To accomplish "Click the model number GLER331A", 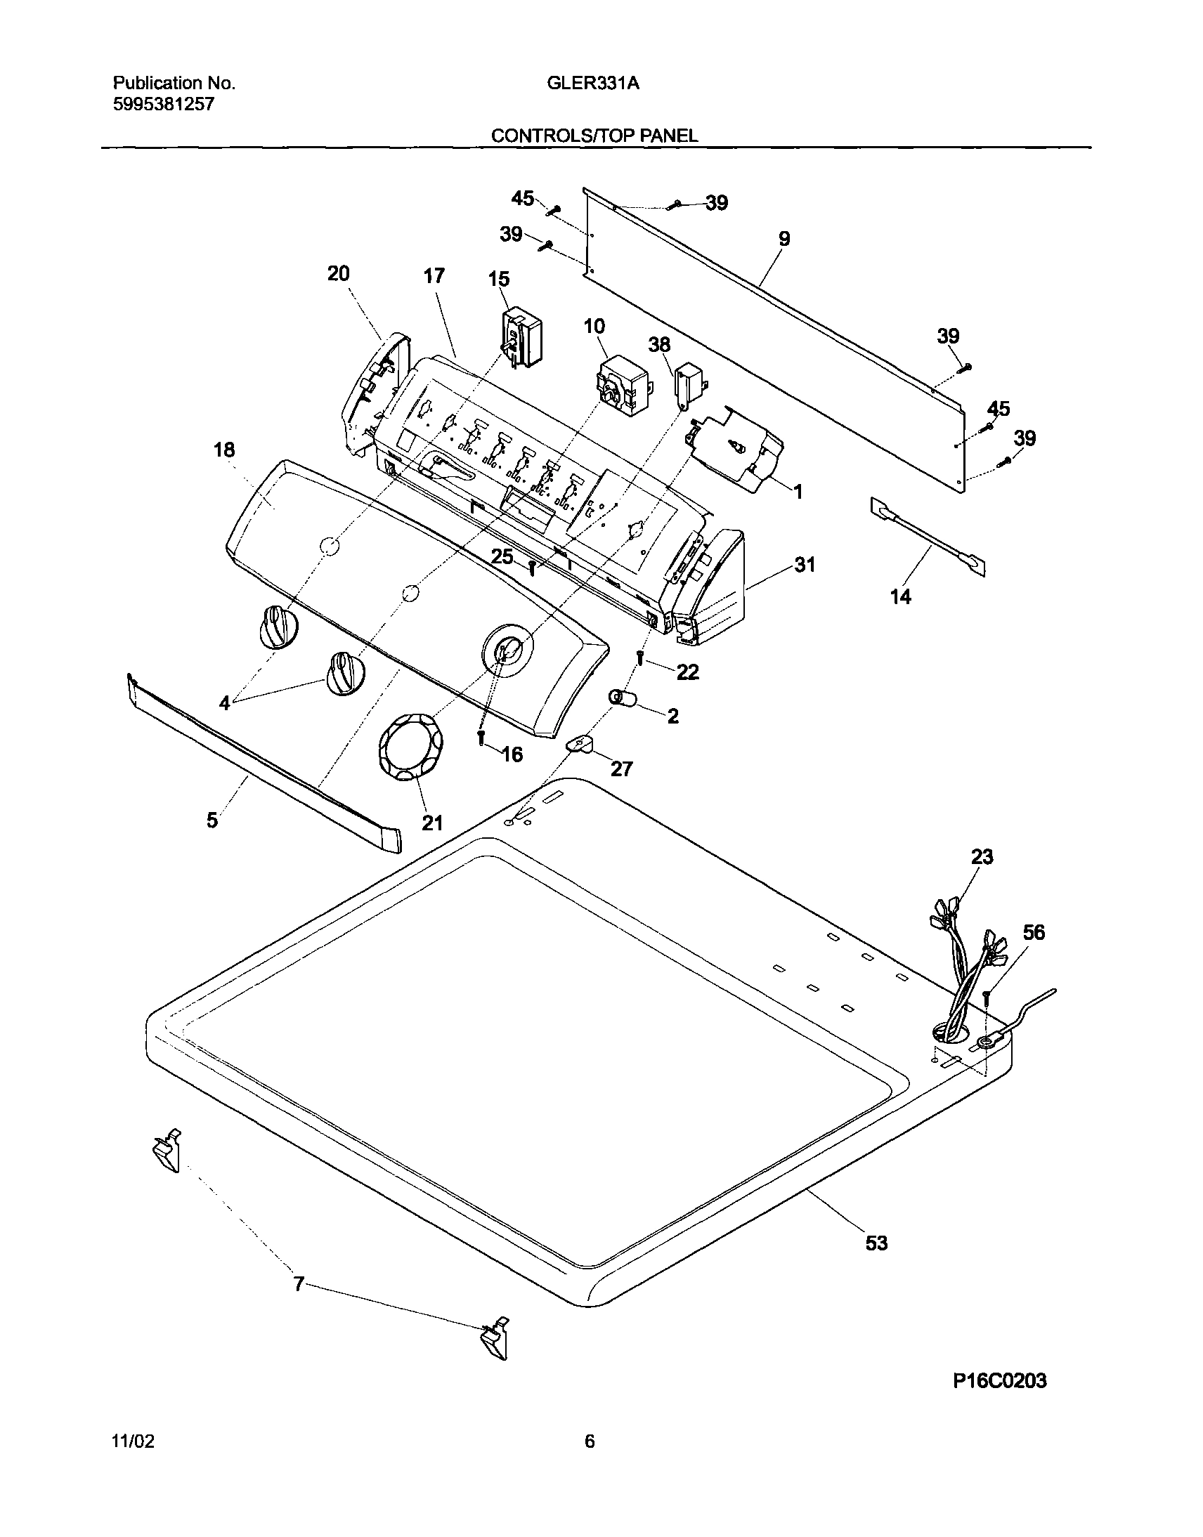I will (x=593, y=84).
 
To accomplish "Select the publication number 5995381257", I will (x=164, y=105).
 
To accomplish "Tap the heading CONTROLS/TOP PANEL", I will (x=594, y=136).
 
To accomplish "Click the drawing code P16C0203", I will (x=999, y=1381).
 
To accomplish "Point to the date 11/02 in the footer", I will (x=133, y=1442).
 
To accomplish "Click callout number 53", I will (x=876, y=1243).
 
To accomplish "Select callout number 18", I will (x=224, y=450).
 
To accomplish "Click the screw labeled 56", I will (x=987, y=997).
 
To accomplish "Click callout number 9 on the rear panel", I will (x=784, y=239).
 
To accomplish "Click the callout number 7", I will (x=299, y=1285).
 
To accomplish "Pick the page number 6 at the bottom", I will (x=590, y=1442).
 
